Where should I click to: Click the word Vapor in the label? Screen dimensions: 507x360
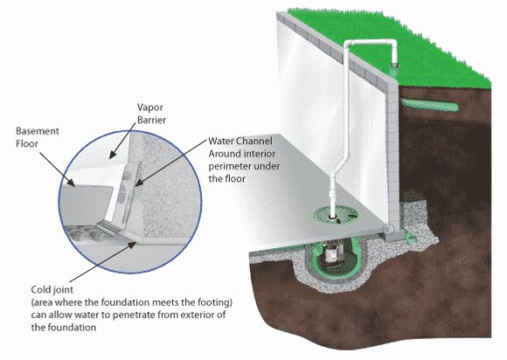(x=149, y=107)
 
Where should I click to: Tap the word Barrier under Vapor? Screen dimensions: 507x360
(x=151, y=120)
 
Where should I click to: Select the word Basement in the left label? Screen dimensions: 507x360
(x=38, y=131)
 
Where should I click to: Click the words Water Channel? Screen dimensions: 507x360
(x=240, y=141)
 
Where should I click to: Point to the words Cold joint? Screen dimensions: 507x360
(x=52, y=289)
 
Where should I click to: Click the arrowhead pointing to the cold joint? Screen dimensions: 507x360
(x=132, y=245)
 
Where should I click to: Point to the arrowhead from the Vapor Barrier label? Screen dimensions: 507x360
(x=112, y=155)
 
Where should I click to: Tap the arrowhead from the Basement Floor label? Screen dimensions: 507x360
(x=72, y=183)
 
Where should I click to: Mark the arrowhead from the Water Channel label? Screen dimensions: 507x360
(x=139, y=183)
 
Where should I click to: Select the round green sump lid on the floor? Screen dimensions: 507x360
(x=336, y=216)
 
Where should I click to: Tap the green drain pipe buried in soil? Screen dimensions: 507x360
(x=429, y=105)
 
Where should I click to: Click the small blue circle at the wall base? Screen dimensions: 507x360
(x=388, y=229)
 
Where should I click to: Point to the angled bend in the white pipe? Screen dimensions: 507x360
(x=341, y=164)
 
